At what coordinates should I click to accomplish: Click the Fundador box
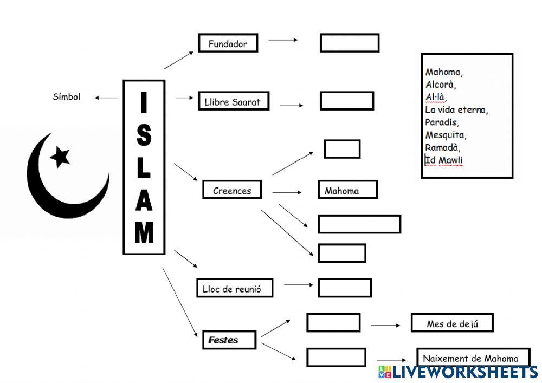(228, 43)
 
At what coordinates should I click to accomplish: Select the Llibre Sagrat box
(233, 101)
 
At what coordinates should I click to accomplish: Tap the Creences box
(232, 190)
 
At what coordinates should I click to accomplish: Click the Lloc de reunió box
(234, 289)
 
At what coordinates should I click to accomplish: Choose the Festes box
(228, 340)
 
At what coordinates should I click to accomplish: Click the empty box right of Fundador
(349, 43)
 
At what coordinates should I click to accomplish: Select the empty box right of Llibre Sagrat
(346, 101)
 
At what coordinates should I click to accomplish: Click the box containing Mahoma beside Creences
(347, 190)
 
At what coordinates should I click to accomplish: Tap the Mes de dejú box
(451, 323)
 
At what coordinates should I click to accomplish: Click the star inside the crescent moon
(60, 157)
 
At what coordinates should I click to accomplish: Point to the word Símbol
(67, 97)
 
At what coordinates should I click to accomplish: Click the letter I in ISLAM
(143, 103)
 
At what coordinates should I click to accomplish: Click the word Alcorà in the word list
(441, 85)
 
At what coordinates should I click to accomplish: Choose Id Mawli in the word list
(444, 160)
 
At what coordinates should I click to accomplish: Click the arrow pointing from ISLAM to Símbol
(107, 98)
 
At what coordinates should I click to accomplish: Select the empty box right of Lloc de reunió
(345, 288)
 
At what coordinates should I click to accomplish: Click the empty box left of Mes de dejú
(333, 323)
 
